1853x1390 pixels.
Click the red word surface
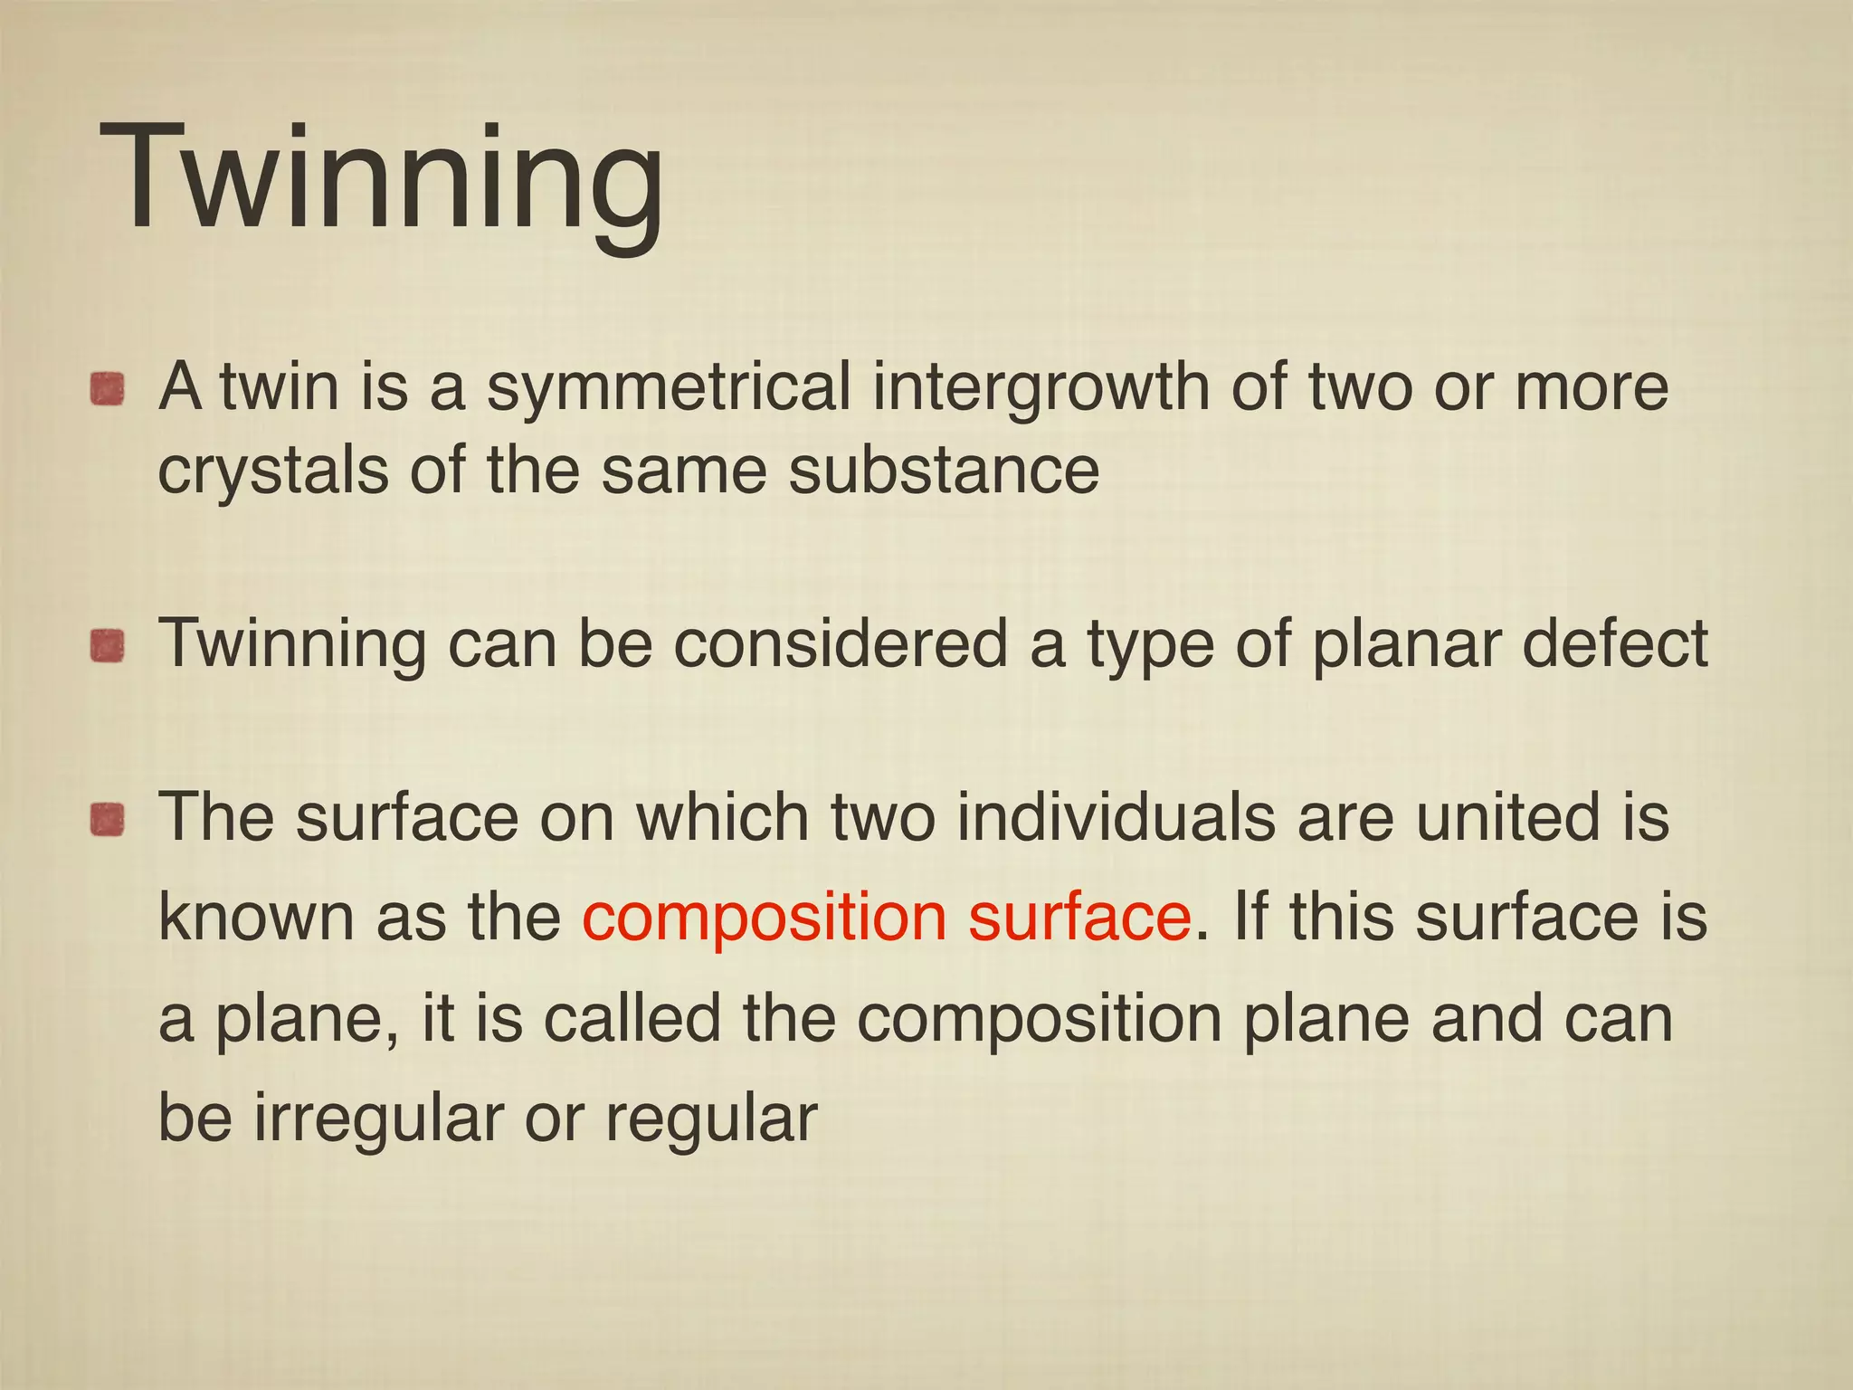click(x=1079, y=917)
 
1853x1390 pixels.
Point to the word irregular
click(x=377, y=1119)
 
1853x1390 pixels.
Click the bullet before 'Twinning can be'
click(x=107, y=647)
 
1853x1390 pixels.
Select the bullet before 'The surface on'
click(x=107, y=820)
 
